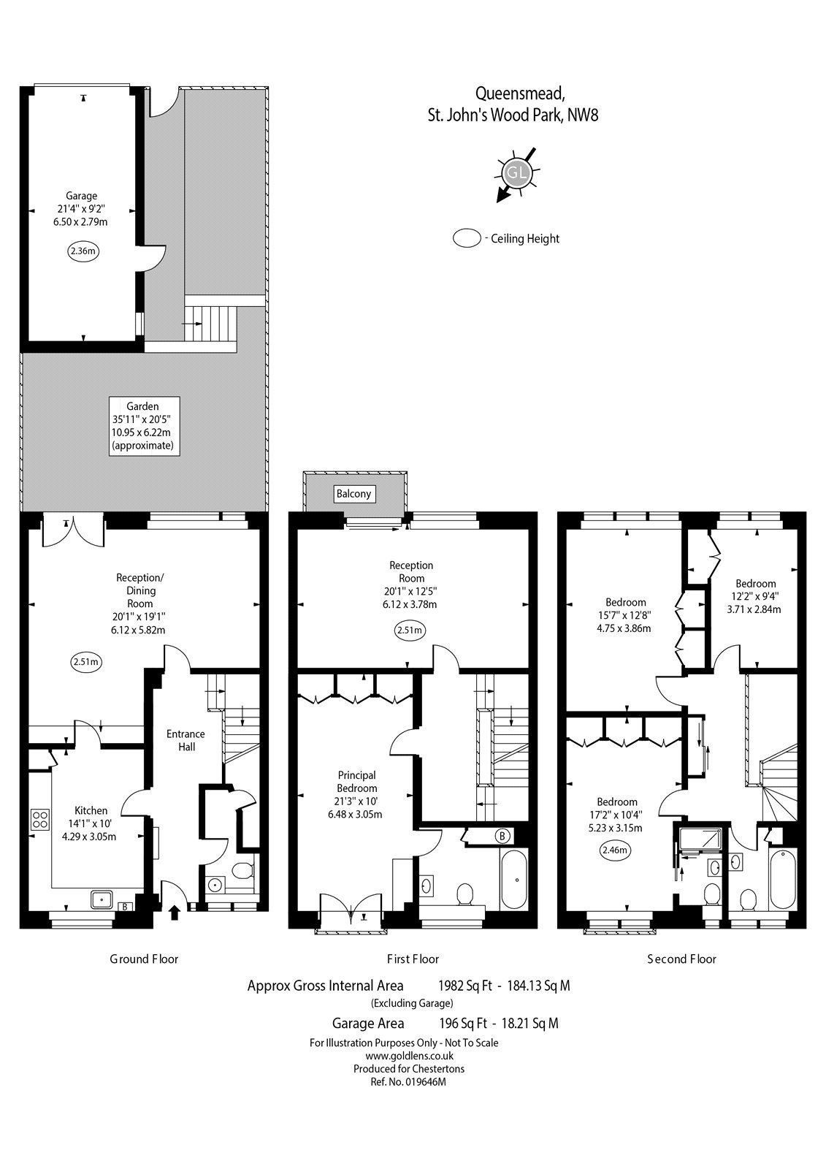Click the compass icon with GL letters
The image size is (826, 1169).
517,173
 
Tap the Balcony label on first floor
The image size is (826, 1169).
353,494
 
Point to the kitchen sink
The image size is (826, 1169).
102,899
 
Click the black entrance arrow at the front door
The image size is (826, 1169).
174,911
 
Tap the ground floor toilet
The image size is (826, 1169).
242,871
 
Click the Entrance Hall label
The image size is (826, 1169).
186,740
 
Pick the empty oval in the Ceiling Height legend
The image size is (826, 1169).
466,238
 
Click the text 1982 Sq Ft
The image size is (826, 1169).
463,986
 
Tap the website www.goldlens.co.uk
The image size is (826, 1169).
409,1056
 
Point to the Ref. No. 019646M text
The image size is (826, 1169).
409,1082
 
